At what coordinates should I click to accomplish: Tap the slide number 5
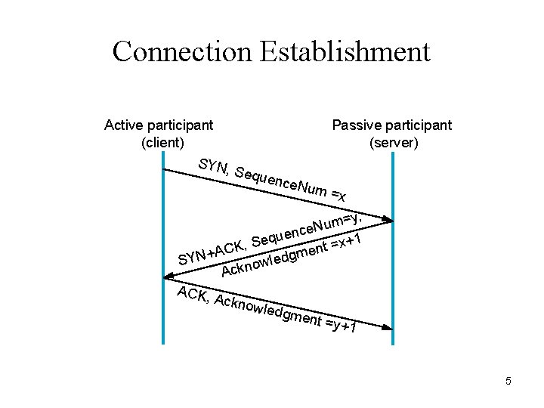[508, 382]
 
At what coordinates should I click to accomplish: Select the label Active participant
[159, 125]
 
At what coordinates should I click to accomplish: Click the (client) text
[162, 142]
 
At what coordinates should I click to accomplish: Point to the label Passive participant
[392, 125]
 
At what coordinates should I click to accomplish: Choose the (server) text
[394, 142]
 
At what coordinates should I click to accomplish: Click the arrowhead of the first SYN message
[386, 219]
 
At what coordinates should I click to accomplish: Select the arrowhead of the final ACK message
[386, 327]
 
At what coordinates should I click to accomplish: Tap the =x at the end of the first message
[338, 196]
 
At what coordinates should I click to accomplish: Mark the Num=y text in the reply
[336, 221]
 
